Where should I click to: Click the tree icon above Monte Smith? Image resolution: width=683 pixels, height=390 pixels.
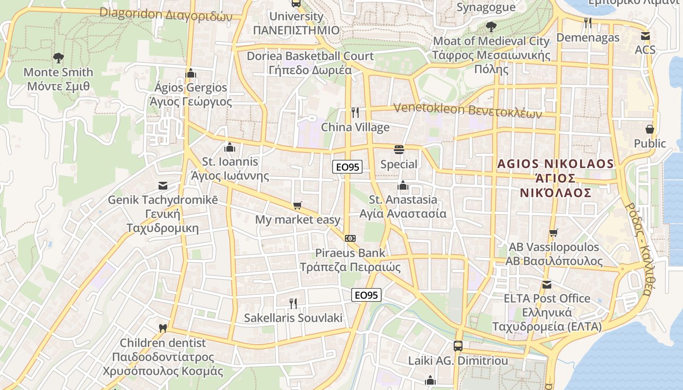(59, 58)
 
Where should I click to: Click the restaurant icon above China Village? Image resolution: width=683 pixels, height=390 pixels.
(355, 113)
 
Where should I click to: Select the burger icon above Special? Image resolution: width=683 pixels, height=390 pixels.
(399, 150)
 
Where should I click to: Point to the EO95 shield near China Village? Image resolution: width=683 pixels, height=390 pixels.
(347, 167)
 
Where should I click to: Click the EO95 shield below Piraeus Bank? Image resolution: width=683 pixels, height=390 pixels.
(366, 295)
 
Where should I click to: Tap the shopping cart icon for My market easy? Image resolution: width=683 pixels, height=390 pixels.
(298, 206)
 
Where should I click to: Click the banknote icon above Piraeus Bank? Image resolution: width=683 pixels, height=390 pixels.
(350, 238)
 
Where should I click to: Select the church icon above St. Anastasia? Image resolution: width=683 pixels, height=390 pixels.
(403, 185)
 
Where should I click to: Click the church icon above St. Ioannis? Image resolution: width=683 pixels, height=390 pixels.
(230, 147)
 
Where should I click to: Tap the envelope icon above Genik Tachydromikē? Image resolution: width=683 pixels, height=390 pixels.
(163, 186)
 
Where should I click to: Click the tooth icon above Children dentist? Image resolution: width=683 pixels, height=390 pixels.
(163, 329)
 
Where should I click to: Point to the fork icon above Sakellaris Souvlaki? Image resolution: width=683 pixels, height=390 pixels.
(293, 304)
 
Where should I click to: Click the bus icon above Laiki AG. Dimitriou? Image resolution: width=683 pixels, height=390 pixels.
(458, 346)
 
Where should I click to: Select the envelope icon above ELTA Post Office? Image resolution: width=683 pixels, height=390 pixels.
(547, 284)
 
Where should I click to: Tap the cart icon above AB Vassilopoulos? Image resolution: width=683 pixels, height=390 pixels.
(553, 233)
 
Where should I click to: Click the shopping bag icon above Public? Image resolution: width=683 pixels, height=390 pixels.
(649, 129)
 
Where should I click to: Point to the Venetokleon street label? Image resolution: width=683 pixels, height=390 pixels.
(467, 111)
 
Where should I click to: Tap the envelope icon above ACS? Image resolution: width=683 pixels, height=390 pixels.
(645, 36)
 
